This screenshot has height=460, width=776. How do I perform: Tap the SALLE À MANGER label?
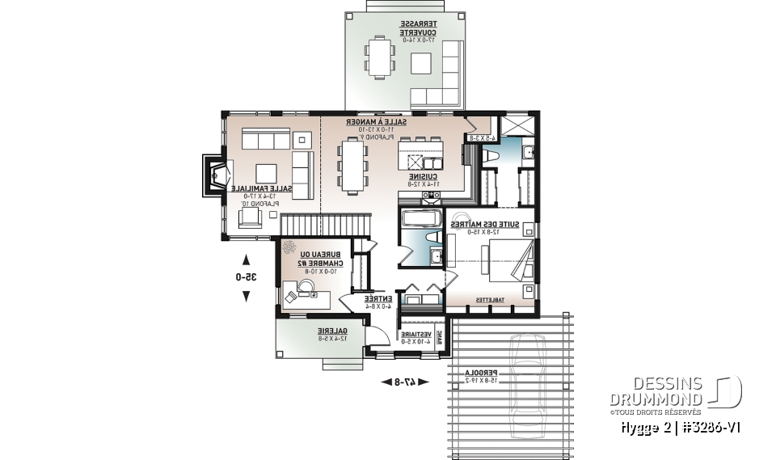coord(377,125)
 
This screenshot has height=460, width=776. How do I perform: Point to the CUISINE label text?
coord(423,179)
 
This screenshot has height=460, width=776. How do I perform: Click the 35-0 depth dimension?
coord(246,276)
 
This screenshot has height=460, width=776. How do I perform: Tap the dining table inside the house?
coord(353,167)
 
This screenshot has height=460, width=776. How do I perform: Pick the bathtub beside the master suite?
coord(418,219)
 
